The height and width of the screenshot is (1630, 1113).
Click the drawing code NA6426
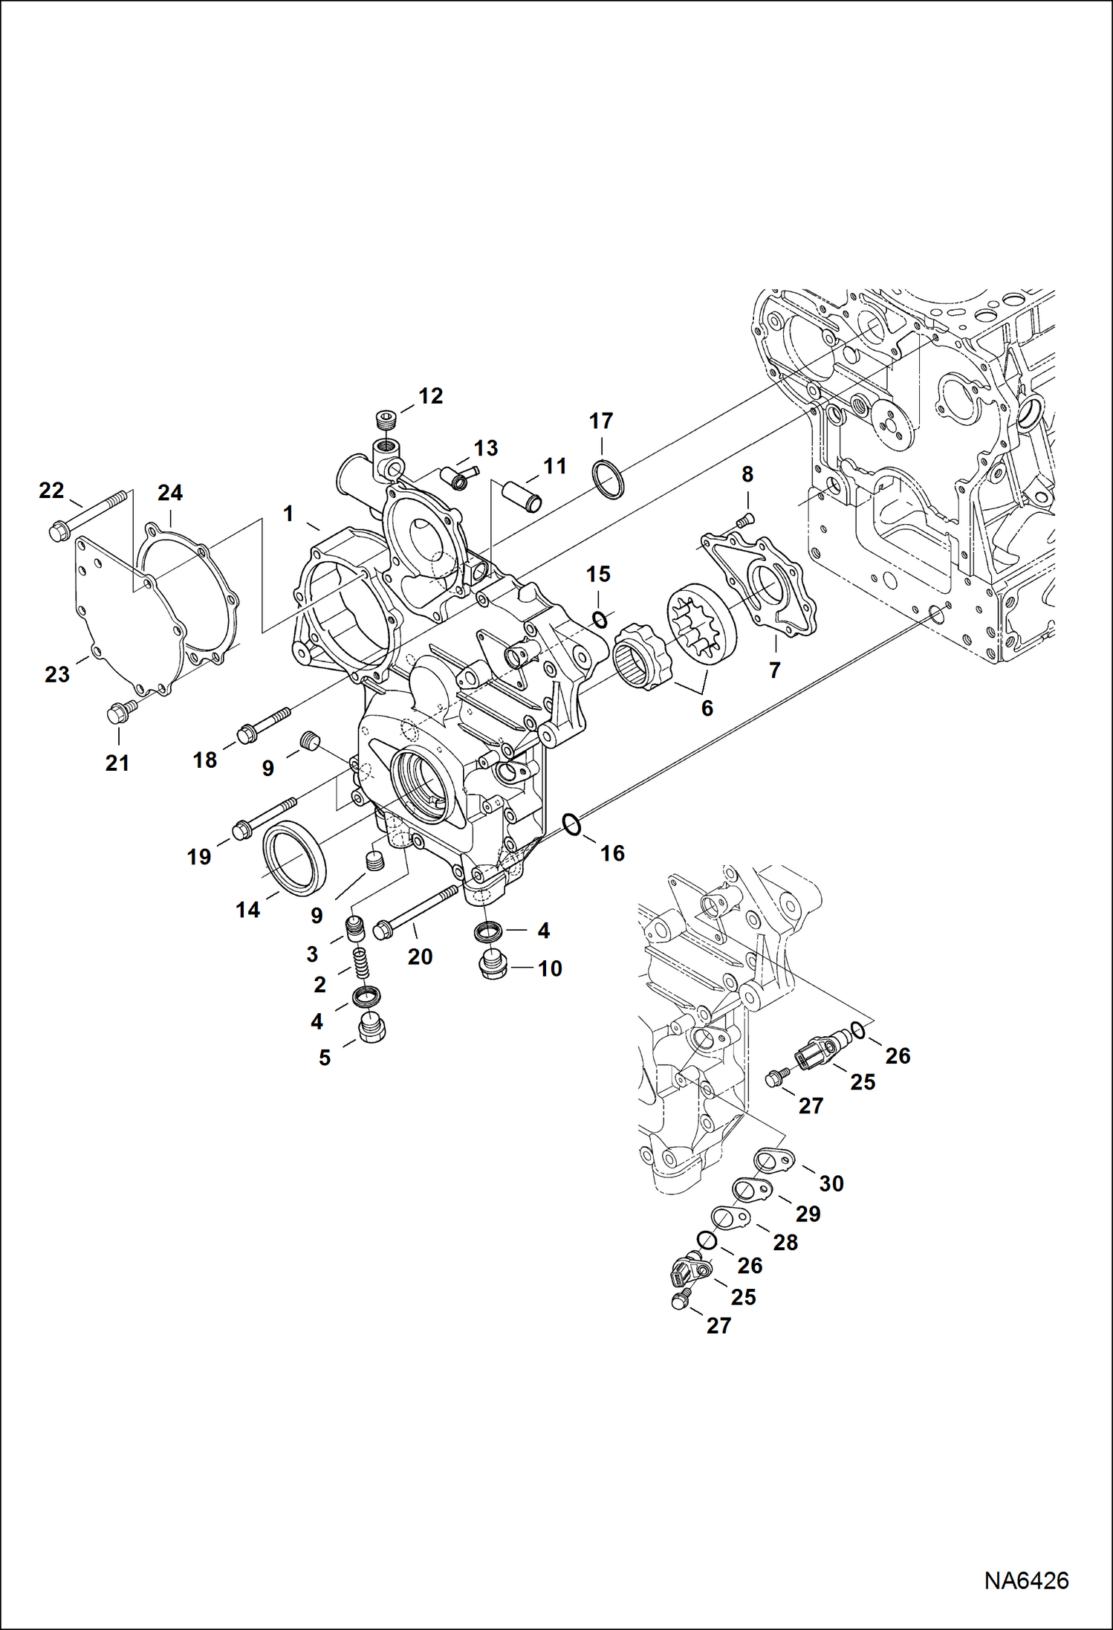1026,1579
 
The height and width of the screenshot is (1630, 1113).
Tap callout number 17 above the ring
600,421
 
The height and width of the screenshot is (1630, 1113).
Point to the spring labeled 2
360,966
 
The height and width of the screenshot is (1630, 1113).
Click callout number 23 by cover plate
57,674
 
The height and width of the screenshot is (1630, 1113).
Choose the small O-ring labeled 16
571,824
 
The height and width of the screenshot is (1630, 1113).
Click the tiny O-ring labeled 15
599,619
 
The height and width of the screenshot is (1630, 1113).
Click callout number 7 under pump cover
774,670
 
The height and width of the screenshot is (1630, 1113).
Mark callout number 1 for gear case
288,514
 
